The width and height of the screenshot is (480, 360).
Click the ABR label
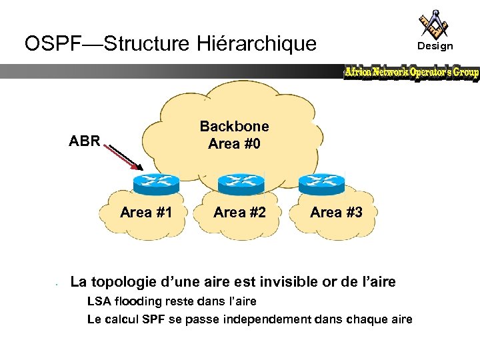85,141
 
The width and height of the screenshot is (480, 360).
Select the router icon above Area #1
156,182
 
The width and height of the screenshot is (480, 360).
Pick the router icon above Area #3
321,182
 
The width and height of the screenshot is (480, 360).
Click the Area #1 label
146,213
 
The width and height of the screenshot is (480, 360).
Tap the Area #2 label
239,213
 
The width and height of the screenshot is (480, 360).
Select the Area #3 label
337,213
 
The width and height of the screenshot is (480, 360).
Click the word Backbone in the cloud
235,127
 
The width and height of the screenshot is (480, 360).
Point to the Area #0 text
235,143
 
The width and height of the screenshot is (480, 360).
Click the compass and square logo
434,23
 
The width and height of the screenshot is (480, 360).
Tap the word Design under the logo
435,46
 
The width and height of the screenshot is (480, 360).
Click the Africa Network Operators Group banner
411,73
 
